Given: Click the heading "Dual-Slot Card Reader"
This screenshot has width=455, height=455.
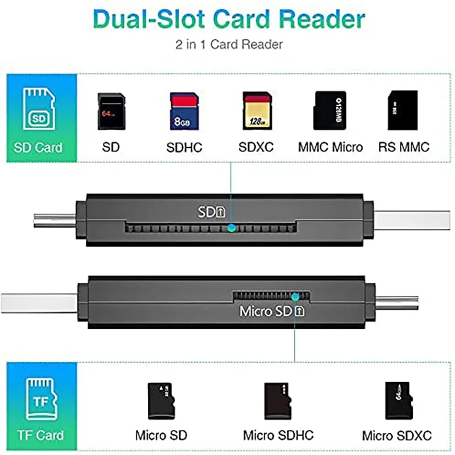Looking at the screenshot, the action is (229, 19).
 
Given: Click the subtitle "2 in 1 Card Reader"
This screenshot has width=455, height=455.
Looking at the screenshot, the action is (229, 44).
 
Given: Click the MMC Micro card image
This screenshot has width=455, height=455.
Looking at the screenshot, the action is (330, 110).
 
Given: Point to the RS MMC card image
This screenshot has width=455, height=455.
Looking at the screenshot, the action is (402, 109).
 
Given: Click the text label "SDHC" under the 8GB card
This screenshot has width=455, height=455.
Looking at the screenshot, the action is (184, 148).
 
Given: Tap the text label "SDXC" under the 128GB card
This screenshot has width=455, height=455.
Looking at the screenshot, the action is (256, 147).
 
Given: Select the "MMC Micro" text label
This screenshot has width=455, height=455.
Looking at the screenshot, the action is (330, 147).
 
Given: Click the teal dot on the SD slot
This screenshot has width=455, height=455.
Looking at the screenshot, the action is (230, 228).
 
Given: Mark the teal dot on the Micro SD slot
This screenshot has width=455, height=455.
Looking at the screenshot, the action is (295, 296).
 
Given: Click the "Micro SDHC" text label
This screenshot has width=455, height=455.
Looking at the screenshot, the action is (278, 436).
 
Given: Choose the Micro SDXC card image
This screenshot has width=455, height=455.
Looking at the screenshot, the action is (396, 399).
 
